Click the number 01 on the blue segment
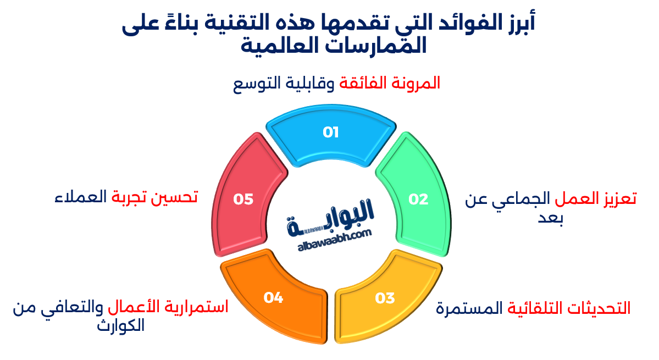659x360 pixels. click(x=330, y=132)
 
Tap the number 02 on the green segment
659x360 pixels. click(x=418, y=199)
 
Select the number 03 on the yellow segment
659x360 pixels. click(x=385, y=298)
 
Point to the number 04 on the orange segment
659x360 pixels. click(x=273, y=298)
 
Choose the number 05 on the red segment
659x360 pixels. click(x=243, y=199)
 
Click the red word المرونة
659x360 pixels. click(x=417, y=84)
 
